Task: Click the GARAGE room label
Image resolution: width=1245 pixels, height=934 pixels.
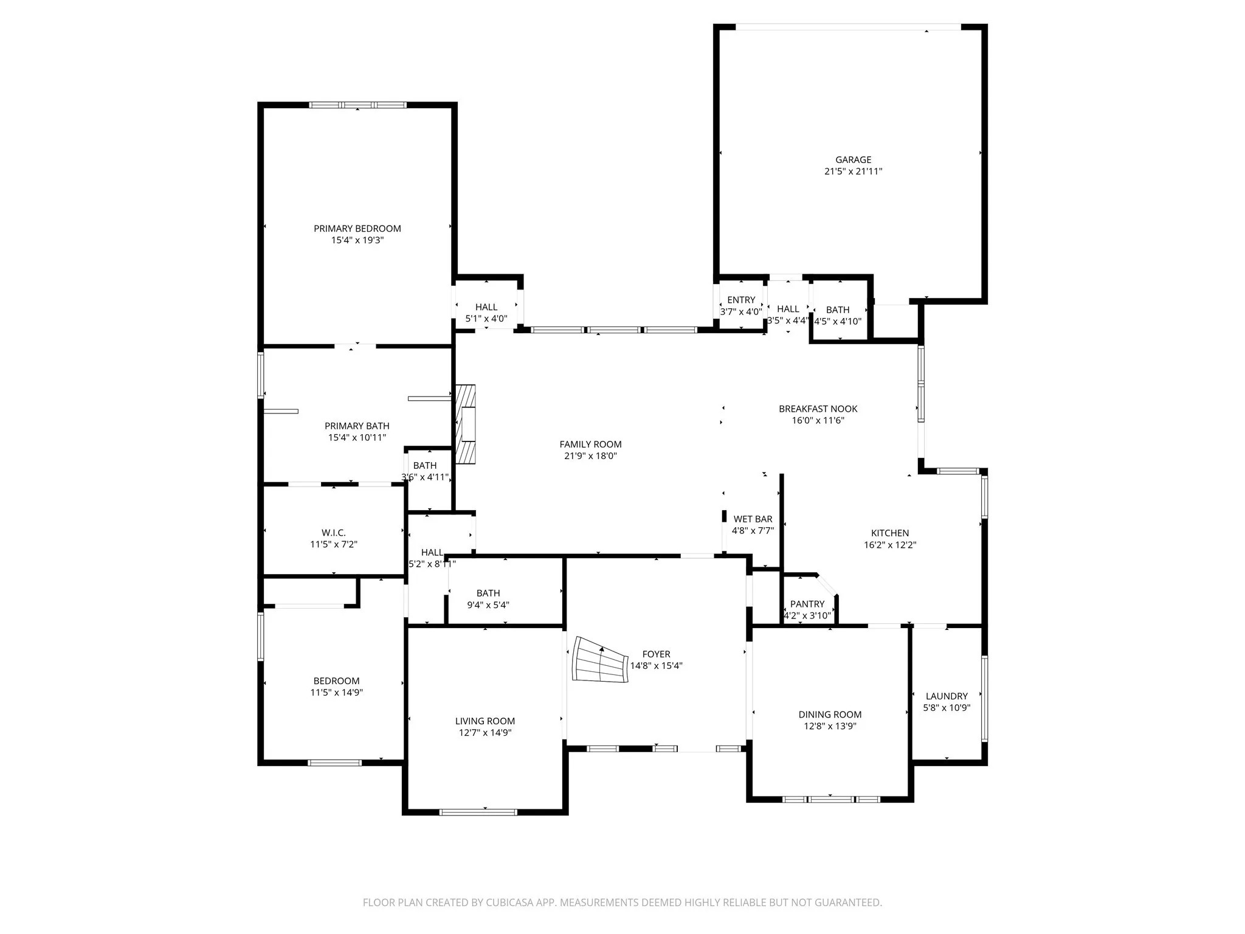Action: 853,160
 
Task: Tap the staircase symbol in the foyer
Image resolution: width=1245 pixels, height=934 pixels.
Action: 599,660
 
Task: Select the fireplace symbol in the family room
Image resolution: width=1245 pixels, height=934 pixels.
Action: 466,424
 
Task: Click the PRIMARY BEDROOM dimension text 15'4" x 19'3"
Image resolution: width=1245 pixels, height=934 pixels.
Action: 357,240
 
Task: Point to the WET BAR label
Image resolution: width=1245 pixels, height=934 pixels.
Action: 753,519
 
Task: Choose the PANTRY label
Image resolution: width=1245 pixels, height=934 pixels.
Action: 807,604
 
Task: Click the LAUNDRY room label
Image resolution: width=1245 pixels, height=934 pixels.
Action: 946,696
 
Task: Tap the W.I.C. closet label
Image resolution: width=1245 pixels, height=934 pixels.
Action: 334,533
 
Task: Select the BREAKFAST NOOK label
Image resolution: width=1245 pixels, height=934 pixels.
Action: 818,409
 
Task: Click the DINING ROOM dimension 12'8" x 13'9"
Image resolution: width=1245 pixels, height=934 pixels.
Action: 830,726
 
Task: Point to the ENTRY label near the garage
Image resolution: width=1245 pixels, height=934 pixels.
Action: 741,300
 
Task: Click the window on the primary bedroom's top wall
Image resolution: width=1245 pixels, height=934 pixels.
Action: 357,105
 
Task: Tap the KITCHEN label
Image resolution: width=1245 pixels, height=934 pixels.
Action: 890,533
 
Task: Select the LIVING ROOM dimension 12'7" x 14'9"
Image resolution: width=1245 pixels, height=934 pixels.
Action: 485,733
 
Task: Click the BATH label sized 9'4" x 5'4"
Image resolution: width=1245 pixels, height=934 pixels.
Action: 488,593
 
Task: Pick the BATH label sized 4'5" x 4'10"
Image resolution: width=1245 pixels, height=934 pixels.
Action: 838,310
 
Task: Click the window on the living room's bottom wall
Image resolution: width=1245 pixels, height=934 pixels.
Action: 478,812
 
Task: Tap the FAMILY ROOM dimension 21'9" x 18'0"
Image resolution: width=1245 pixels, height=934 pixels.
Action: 590,456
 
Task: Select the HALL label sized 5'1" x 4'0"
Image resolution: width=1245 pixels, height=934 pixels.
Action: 486,307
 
